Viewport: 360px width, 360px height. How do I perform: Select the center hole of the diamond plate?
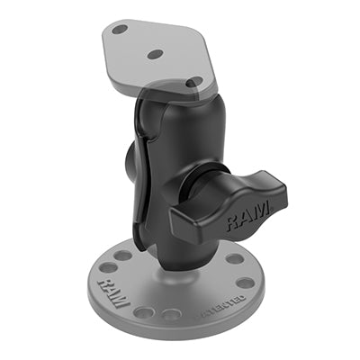tap(155, 54)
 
